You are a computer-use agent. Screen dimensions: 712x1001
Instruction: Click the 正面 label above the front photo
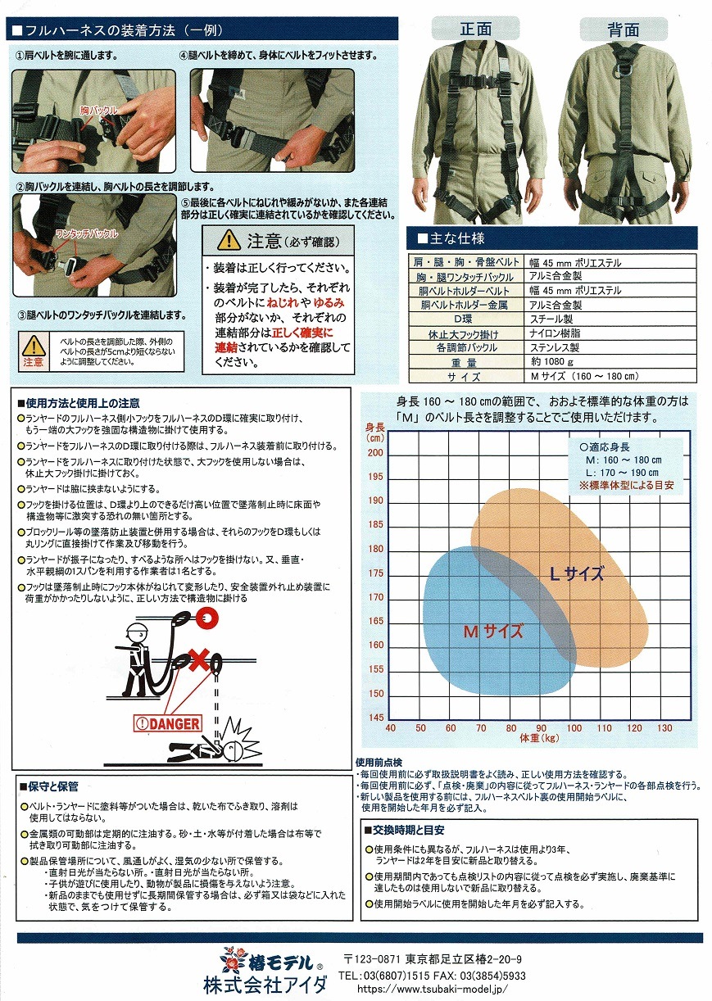(475, 29)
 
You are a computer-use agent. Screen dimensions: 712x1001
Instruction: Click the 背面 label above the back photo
(623, 30)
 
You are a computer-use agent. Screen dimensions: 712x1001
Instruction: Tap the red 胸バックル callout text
(99, 110)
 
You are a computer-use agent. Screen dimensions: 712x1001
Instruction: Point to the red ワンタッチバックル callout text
(87, 233)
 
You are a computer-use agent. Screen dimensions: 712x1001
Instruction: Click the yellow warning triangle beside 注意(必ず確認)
(229, 240)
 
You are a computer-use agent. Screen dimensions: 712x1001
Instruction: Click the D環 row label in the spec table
(463, 319)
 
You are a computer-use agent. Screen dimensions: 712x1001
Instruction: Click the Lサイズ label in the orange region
(577, 573)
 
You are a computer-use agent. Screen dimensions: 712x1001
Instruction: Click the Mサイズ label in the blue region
(493, 632)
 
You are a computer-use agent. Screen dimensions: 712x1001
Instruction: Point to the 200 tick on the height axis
(375, 452)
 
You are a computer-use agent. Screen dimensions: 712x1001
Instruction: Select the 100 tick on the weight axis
(574, 728)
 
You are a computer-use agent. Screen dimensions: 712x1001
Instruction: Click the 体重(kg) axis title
(539, 738)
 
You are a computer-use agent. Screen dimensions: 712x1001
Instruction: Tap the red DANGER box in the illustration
(168, 723)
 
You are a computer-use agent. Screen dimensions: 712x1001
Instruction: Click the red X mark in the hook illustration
(199, 661)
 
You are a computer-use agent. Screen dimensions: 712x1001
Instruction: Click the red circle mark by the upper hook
(206, 618)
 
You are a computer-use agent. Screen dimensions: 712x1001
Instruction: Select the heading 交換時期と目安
(405, 830)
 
